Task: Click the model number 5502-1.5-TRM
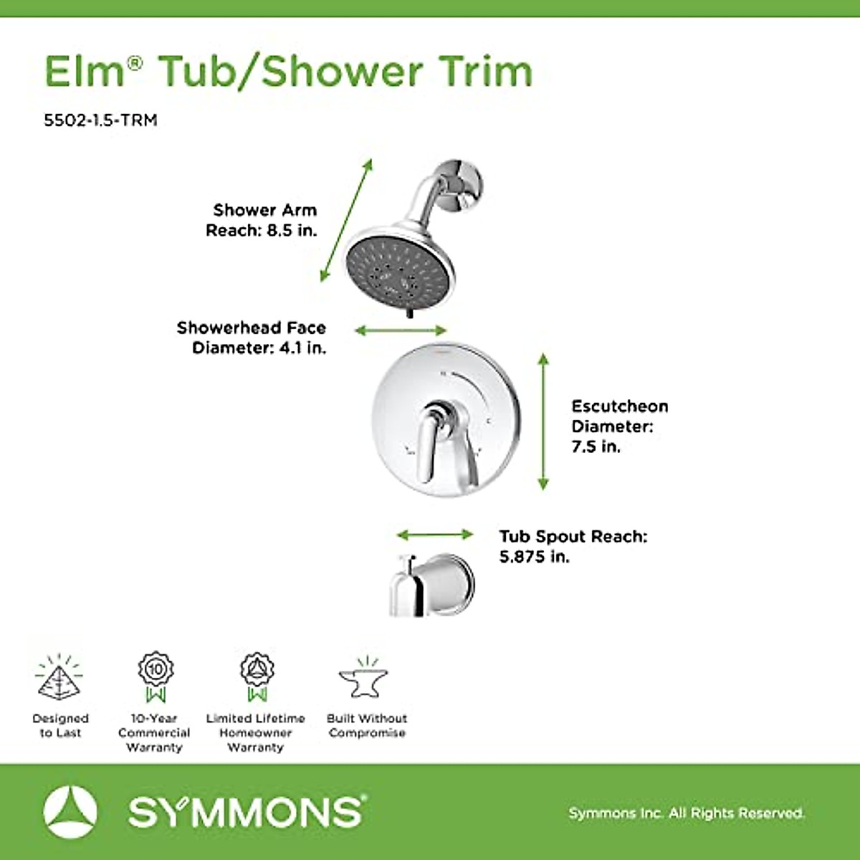100,120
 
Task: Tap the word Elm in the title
85,71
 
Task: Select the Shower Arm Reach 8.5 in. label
262,220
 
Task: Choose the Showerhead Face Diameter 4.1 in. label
252,338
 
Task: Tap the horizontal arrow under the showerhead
401,330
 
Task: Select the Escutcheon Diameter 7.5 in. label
618,426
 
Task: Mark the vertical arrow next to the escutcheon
543,421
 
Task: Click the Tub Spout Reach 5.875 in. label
573,546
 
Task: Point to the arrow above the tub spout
434,535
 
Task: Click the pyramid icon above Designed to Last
59,678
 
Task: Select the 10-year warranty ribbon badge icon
156,676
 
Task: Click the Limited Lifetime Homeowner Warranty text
255,732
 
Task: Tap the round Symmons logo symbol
70,812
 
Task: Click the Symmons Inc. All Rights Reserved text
686,813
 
